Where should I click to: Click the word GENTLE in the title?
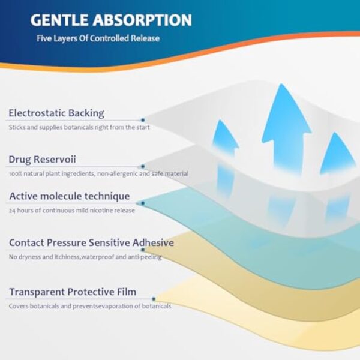click(x=59, y=20)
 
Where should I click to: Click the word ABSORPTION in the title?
click(x=142, y=20)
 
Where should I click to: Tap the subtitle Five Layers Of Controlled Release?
click(x=98, y=38)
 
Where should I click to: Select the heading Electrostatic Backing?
click(x=56, y=113)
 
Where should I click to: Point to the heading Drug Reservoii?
click(x=42, y=160)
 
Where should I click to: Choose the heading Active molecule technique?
click(x=70, y=196)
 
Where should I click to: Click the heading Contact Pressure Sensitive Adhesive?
click(x=91, y=242)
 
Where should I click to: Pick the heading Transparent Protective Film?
click(x=73, y=292)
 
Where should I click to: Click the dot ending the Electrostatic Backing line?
click(x=143, y=120)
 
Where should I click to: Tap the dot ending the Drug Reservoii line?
click(x=143, y=166)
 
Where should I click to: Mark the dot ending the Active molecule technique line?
click(x=143, y=203)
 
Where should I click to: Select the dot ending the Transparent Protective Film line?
click(x=154, y=299)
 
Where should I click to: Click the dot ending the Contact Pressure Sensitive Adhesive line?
click(x=143, y=250)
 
